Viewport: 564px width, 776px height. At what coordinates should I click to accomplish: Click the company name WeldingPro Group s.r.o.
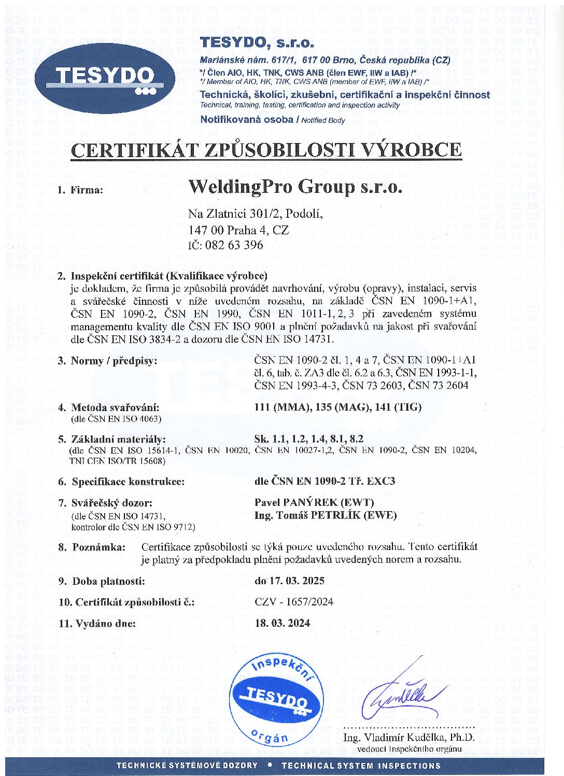point(295,186)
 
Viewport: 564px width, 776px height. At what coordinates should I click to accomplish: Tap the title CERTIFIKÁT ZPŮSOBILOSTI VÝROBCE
point(266,150)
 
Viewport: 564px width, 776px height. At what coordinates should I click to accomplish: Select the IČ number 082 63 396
point(225,245)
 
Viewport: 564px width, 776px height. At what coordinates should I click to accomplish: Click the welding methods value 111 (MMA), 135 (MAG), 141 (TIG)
point(338,407)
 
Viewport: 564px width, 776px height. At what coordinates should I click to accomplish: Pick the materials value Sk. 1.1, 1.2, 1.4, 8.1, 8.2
point(309,439)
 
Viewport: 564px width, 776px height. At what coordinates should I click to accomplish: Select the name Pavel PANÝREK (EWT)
point(314,502)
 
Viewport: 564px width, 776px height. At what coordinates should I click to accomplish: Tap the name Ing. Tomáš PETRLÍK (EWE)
point(326,515)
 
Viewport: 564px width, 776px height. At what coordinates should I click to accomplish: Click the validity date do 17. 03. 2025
point(290,581)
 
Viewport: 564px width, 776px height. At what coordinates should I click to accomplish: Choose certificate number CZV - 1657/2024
point(294,602)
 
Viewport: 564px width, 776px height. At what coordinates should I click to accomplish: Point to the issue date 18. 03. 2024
point(283,623)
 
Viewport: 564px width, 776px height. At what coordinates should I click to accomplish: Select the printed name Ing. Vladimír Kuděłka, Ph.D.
point(408,737)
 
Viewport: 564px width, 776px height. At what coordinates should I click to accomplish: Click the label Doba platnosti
point(108,581)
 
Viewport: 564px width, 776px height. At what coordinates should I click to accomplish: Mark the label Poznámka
point(98,547)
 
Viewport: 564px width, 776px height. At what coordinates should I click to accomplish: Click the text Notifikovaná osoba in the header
point(247,120)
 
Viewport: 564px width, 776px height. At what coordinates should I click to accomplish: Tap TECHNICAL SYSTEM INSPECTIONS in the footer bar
point(361,766)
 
